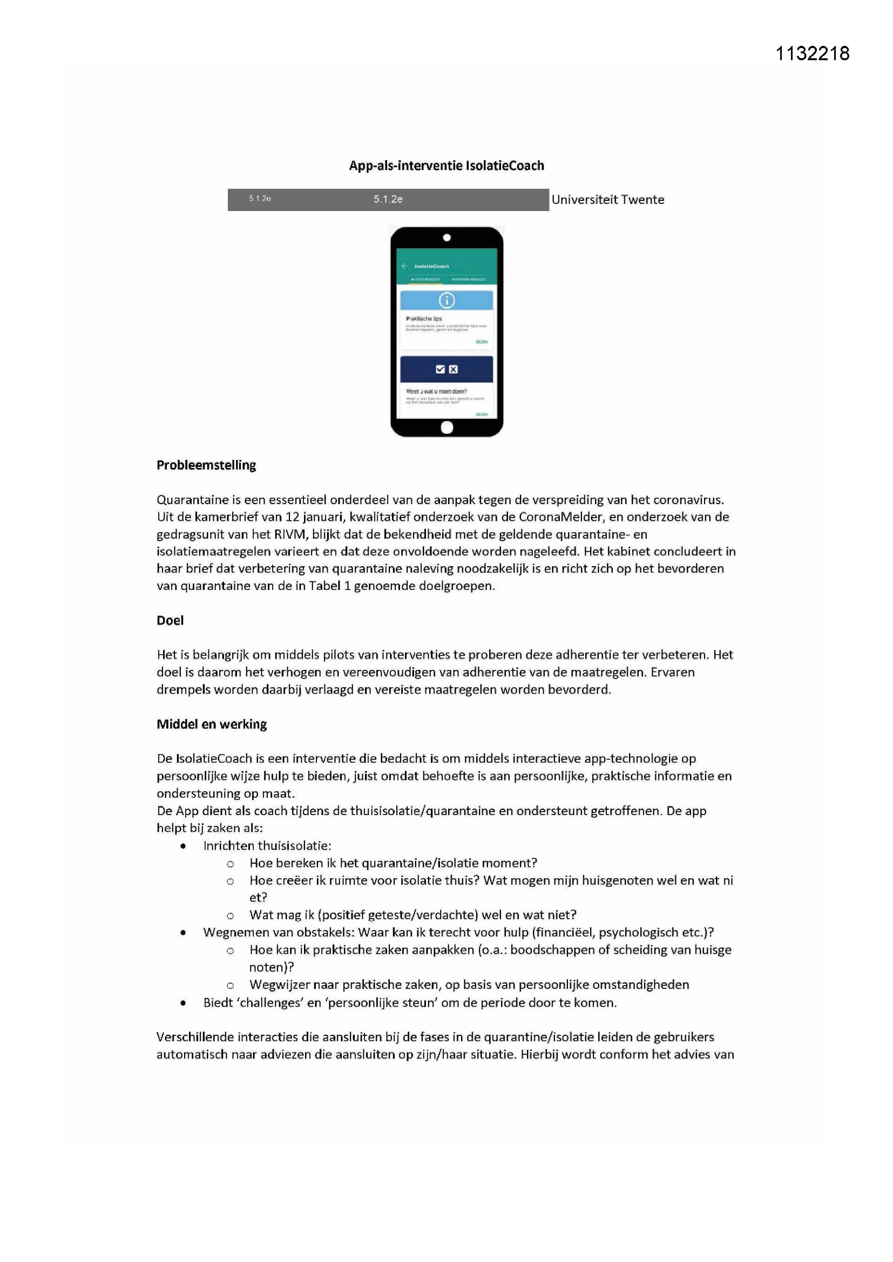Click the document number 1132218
point(812,53)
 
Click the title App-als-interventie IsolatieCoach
point(446,166)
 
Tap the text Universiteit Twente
point(607,200)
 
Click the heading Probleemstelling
point(206,465)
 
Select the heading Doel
point(170,621)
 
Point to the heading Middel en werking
point(212,724)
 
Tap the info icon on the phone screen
point(446,301)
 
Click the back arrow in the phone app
point(405,266)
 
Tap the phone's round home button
point(447,427)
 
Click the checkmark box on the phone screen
point(440,369)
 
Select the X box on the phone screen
point(453,369)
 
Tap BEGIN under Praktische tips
point(482,342)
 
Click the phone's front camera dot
point(447,238)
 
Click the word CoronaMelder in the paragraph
point(560,517)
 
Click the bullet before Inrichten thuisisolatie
point(183,846)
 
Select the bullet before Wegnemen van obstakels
point(183,933)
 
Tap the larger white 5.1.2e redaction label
point(388,200)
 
